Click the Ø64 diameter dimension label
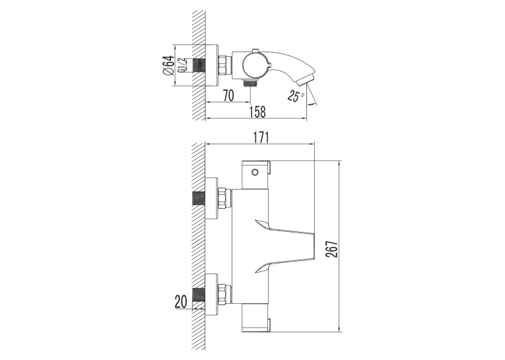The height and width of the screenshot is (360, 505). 169,66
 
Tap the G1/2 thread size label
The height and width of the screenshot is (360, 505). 182,65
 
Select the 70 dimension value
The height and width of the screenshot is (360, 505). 228,95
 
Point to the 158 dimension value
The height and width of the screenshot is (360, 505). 257,112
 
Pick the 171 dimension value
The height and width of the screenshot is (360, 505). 260,137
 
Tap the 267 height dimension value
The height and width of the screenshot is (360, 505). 332,249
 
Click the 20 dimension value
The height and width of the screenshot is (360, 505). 181,302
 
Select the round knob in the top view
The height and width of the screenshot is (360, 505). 255,65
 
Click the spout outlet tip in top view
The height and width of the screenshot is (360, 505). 306,80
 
